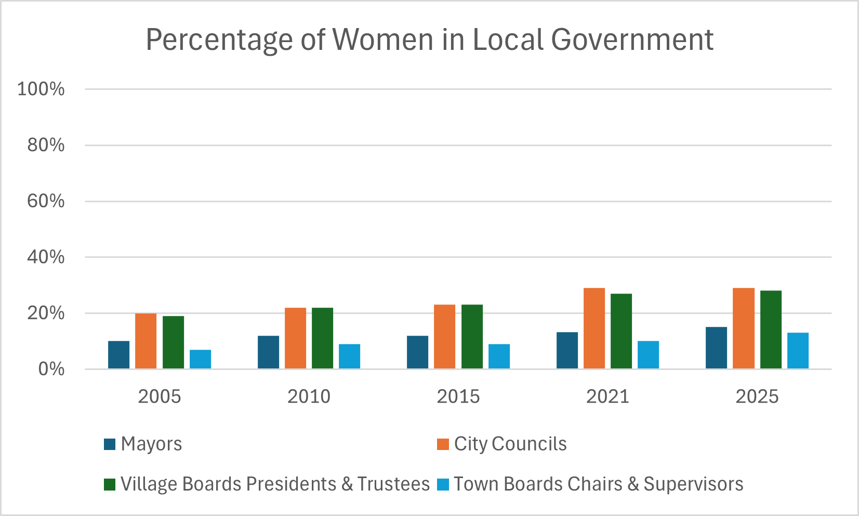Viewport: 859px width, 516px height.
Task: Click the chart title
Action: pyautogui.click(x=429, y=39)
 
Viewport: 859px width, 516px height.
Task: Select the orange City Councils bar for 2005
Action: pyautogui.click(x=146, y=341)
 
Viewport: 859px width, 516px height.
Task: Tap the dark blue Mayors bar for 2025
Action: pyautogui.click(x=716, y=348)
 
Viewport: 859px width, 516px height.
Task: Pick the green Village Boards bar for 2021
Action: pyautogui.click(x=621, y=331)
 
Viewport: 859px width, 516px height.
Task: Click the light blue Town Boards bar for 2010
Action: pyautogui.click(x=349, y=356)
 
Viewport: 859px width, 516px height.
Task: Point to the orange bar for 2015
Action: pyautogui.click(x=444, y=337)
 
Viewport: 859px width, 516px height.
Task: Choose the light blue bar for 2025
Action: pyautogui.click(x=798, y=351)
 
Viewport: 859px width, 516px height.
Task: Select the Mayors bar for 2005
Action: pyautogui.click(x=118, y=355)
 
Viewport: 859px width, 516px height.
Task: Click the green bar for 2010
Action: pyautogui.click(x=322, y=338)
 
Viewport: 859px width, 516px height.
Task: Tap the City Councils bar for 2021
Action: pyautogui.click(x=594, y=328)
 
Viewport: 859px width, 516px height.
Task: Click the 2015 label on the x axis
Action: pyautogui.click(x=458, y=396)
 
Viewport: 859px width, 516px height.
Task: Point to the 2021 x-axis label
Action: pyautogui.click(x=607, y=396)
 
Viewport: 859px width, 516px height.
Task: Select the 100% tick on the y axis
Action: pyautogui.click(x=41, y=89)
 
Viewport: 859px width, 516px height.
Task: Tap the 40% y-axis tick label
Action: pyautogui.click(x=46, y=257)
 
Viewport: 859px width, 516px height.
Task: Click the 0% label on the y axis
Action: pyautogui.click(x=51, y=369)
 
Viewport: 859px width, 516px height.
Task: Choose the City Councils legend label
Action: pyautogui.click(x=510, y=444)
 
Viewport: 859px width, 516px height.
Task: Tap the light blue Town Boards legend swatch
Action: pyautogui.click(x=443, y=484)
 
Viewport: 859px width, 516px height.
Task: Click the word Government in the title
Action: pyautogui.click(x=632, y=39)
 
